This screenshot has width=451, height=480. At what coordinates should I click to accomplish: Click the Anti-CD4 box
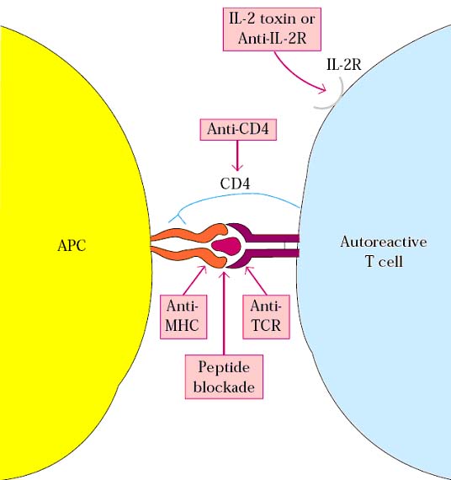point(238,130)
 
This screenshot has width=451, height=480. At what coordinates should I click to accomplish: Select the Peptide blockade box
point(224,376)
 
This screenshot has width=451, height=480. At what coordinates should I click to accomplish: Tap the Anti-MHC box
point(183,317)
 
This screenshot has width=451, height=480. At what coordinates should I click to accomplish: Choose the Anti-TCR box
point(266,317)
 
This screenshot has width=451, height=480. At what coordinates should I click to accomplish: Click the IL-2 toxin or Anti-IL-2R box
point(272,29)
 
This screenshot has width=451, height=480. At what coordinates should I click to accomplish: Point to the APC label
point(72,246)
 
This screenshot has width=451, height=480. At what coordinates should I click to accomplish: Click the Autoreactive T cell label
point(384,252)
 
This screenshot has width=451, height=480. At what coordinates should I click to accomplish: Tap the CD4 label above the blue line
point(235,184)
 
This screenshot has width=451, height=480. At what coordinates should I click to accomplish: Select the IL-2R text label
point(344,65)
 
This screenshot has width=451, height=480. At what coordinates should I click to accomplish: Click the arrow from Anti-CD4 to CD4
point(237,156)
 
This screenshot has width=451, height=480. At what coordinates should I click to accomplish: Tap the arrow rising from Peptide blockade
point(225,313)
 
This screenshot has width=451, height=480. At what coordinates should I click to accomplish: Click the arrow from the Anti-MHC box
point(195,280)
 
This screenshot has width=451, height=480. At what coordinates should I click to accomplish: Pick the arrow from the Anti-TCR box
point(257,280)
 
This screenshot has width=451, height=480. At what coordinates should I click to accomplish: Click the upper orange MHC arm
point(188,234)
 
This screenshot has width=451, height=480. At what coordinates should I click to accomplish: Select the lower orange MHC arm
point(188,257)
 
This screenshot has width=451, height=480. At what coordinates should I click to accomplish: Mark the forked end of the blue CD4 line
point(178,219)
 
